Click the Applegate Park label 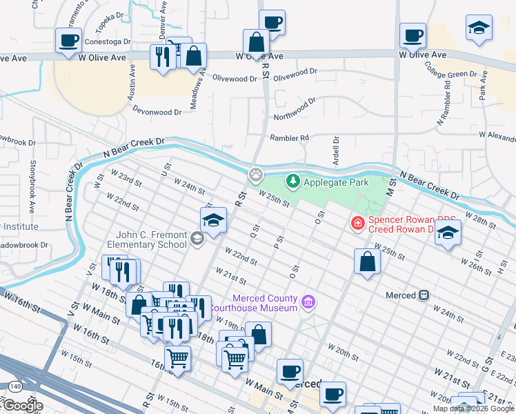336,182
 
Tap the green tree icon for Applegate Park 293,181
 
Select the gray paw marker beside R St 257,175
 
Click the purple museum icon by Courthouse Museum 308,302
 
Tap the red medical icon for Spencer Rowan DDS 357,223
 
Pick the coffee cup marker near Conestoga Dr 68,40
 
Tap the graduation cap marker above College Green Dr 479,28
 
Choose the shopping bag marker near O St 367,262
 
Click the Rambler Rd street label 289,138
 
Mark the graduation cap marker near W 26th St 448,233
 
